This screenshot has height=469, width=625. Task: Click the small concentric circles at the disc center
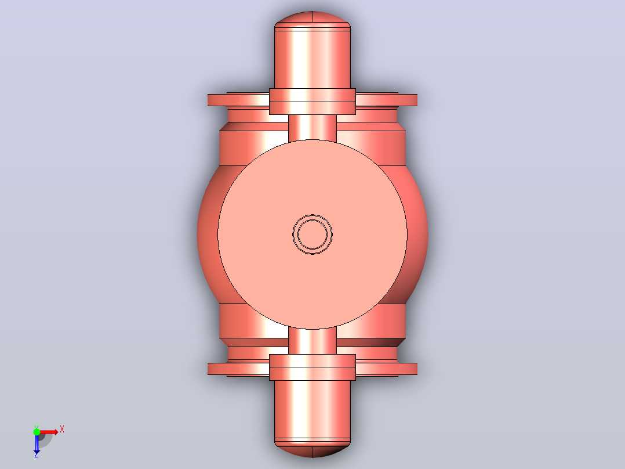[312, 234]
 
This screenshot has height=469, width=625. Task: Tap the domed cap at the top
[312, 19]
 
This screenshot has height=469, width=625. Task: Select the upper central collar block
[312, 102]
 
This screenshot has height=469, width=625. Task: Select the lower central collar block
[312, 367]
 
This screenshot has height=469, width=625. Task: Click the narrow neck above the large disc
[312, 127]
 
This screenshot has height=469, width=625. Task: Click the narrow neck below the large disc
[312, 341]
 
